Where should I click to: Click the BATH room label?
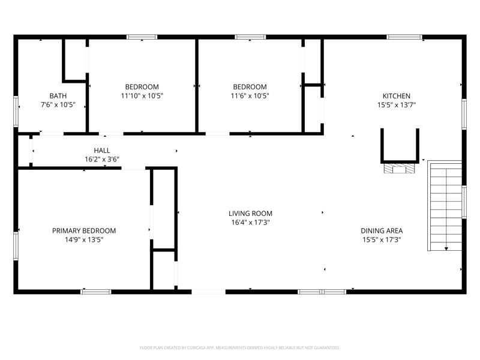pyautogui.click(x=58, y=96)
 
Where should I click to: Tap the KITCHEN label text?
pyautogui.click(x=397, y=96)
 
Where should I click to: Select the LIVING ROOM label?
pyautogui.click(x=250, y=214)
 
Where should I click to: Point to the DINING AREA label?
pyautogui.click(x=382, y=230)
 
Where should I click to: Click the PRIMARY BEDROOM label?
pyautogui.click(x=84, y=230)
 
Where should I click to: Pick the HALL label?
pyautogui.click(x=102, y=151)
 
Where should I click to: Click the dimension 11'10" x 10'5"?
pyautogui.click(x=142, y=95)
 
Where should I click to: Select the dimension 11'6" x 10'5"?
pyautogui.click(x=250, y=95)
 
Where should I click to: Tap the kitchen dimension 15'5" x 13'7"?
pyautogui.click(x=397, y=104)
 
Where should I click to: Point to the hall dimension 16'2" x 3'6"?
pyautogui.click(x=102, y=159)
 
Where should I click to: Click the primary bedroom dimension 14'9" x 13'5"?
pyautogui.click(x=84, y=239)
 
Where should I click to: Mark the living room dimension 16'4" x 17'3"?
pyautogui.click(x=250, y=222)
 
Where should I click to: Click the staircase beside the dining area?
pyautogui.click(x=445, y=206)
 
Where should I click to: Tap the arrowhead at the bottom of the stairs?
pyautogui.click(x=446, y=248)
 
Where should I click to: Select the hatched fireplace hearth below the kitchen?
pyautogui.click(x=400, y=169)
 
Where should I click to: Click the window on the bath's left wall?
pyautogui.click(x=16, y=112)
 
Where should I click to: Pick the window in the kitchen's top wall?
pyautogui.click(x=404, y=37)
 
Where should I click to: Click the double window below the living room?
pyautogui.click(x=322, y=292)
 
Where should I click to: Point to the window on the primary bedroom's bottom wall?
pyautogui.click(x=96, y=292)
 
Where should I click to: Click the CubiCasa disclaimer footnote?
pyautogui.click(x=239, y=348)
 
